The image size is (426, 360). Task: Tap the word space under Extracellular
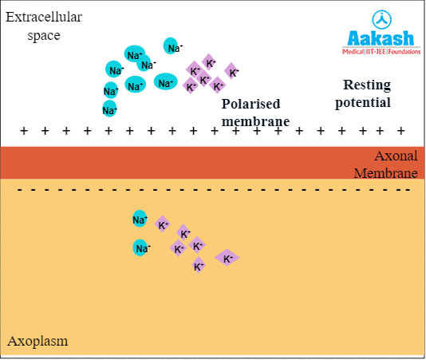tap(44, 36)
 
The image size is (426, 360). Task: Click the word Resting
tap(367, 85)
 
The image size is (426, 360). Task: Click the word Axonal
tap(396, 156)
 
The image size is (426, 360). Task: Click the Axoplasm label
tap(37, 341)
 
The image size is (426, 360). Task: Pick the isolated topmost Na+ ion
tap(172, 47)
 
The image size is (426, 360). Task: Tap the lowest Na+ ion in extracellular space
tap(110, 108)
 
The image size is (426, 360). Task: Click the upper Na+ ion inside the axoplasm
tap(140, 219)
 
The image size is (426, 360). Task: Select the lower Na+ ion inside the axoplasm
tap(142, 248)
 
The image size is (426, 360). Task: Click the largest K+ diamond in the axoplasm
tap(227, 258)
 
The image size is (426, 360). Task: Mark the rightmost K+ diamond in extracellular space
tap(232, 72)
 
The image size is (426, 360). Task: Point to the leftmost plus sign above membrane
tap(23, 130)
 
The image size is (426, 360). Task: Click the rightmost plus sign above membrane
tap(401, 130)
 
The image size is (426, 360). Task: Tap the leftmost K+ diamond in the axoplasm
tap(163, 225)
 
